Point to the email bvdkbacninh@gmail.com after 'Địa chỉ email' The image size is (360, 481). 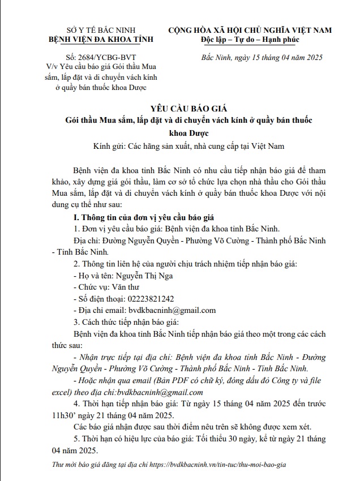point(172,310)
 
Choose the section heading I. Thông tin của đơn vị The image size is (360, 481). point(140,218)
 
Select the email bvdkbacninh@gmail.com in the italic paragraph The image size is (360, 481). point(159,392)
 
